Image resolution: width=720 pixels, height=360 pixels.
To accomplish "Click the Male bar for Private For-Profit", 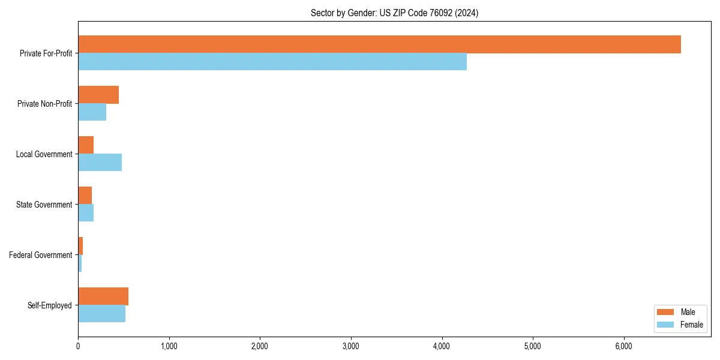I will pyautogui.click(x=379, y=44).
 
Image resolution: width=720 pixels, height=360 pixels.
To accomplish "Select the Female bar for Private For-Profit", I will pyautogui.click(x=272, y=62).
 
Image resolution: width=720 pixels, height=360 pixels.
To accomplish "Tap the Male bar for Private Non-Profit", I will pyautogui.click(x=98, y=95).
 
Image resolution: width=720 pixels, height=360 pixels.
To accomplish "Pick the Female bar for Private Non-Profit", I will pyautogui.click(x=92, y=112).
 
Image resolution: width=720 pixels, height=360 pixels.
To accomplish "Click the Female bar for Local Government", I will pyautogui.click(x=100, y=163).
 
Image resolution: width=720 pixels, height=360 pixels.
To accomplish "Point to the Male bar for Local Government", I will pyautogui.click(x=86, y=145).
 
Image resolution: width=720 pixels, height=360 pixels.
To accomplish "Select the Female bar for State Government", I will pyautogui.click(x=86, y=213).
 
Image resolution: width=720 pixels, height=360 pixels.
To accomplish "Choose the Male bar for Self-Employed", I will pyautogui.click(x=103, y=296).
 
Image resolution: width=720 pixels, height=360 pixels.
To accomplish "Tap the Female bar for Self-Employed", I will pyautogui.click(x=101, y=314).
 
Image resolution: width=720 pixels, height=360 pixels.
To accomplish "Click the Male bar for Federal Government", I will pyautogui.click(x=80, y=246).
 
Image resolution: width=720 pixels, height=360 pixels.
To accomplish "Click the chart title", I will pyautogui.click(x=394, y=13).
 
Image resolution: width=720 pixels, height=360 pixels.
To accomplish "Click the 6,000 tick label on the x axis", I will pyautogui.click(x=624, y=346).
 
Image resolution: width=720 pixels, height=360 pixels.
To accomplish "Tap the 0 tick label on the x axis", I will pyautogui.click(x=78, y=346).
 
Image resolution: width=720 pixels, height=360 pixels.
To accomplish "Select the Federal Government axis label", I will pyautogui.click(x=41, y=255).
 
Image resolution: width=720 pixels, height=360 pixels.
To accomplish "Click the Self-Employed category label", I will pyautogui.click(x=50, y=305).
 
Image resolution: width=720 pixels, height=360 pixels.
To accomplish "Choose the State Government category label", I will pyautogui.click(x=44, y=205).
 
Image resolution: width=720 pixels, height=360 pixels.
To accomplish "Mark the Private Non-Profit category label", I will pyautogui.click(x=44, y=104).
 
